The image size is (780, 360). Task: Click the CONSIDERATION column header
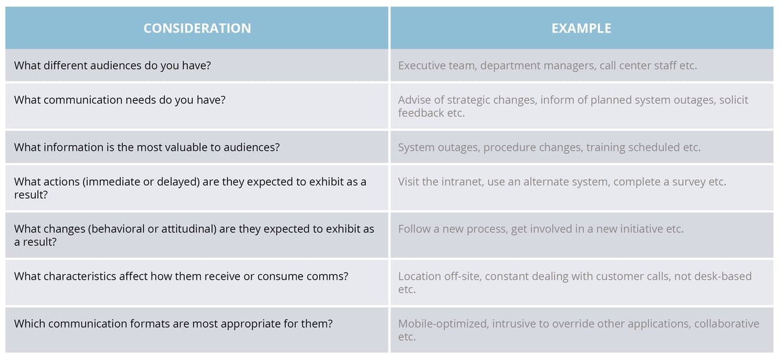[197, 28]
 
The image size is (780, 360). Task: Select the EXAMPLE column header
[581, 28]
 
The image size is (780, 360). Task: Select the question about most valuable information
[147, 147]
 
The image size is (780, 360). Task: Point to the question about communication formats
[174, 323]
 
